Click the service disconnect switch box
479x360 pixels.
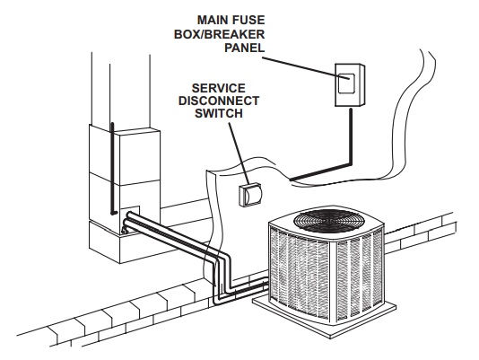point(251,196)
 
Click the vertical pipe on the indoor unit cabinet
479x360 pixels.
point(111,171)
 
